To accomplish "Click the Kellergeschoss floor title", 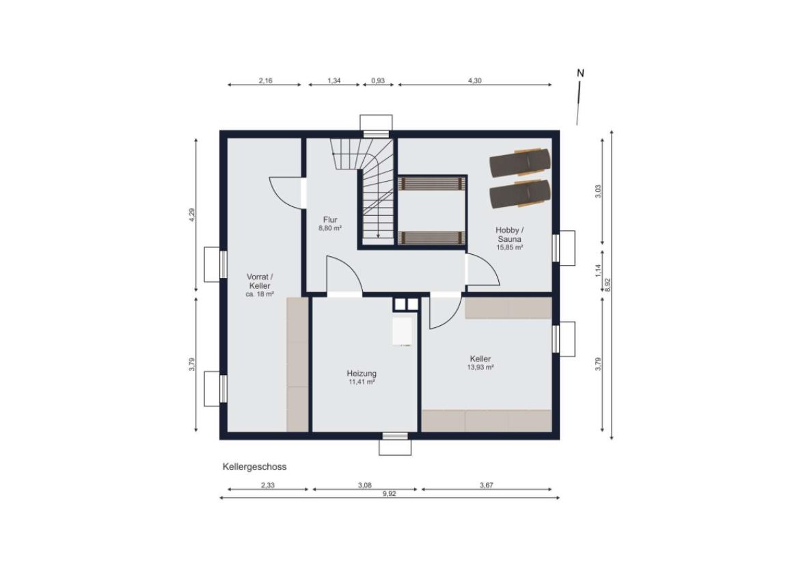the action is pyautogui.click(x=254, y=467).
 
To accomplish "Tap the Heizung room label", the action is pyautogui.click(x=362, y=374).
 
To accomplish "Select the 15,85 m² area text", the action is pyautogui.click(x=509, y=247).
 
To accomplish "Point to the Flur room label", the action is pyautogui.click(x=330, y=220).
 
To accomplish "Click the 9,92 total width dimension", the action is pyautogui.click(x=390, y=493).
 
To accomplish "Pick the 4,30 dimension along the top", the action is pyautogui.click(x=474, y=80).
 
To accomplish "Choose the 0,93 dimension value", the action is pyautogui.click(x=378, y=80).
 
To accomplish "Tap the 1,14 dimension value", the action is pyautogui.click(x=598, y=271).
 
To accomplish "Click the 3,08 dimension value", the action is pyautogui.click(x=365, y=485).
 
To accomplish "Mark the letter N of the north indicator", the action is pyautogui.click(x=580, y=73).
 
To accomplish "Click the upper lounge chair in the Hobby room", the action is pyautogui.click(x=520, y=163).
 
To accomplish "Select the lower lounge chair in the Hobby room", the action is pyautogui.click(x=520, y=194).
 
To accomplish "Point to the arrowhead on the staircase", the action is pyautogui.click(x=377, y=236).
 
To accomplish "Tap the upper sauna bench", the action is pyautogui.click(x=432, y=183).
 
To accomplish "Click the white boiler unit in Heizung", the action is pyautogui.click(x=402, y=331).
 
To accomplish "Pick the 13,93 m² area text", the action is pyautogui.click(x=480, y=368).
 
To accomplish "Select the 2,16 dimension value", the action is pyautogui.click(x=266, y=80).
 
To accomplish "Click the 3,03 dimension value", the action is pyautogui.click(x=598, y=191).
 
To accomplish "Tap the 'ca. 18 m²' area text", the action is pyautogui.click(x=260, y=294).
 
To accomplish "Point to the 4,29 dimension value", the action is pyautogui.click(x=192, y=215).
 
